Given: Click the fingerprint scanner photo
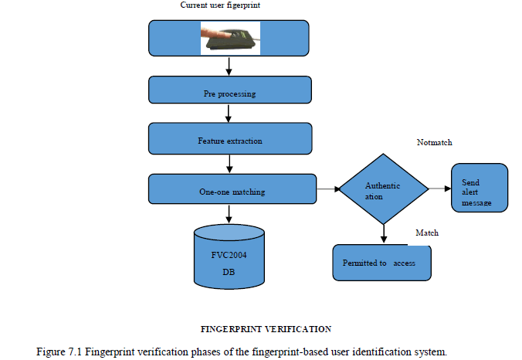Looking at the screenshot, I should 230,37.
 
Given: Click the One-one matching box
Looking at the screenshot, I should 232,189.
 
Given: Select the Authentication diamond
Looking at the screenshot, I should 384,189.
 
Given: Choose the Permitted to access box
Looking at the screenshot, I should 381,263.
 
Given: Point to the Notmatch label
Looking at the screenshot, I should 434,143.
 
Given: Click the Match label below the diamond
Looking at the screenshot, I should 427,233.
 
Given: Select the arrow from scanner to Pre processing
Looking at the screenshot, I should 230,66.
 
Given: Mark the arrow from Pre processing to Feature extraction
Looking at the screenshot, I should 230,114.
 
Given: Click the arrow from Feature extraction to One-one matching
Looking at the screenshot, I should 230,163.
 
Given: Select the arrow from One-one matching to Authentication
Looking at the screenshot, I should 329,188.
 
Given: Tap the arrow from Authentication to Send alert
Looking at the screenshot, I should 439,188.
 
